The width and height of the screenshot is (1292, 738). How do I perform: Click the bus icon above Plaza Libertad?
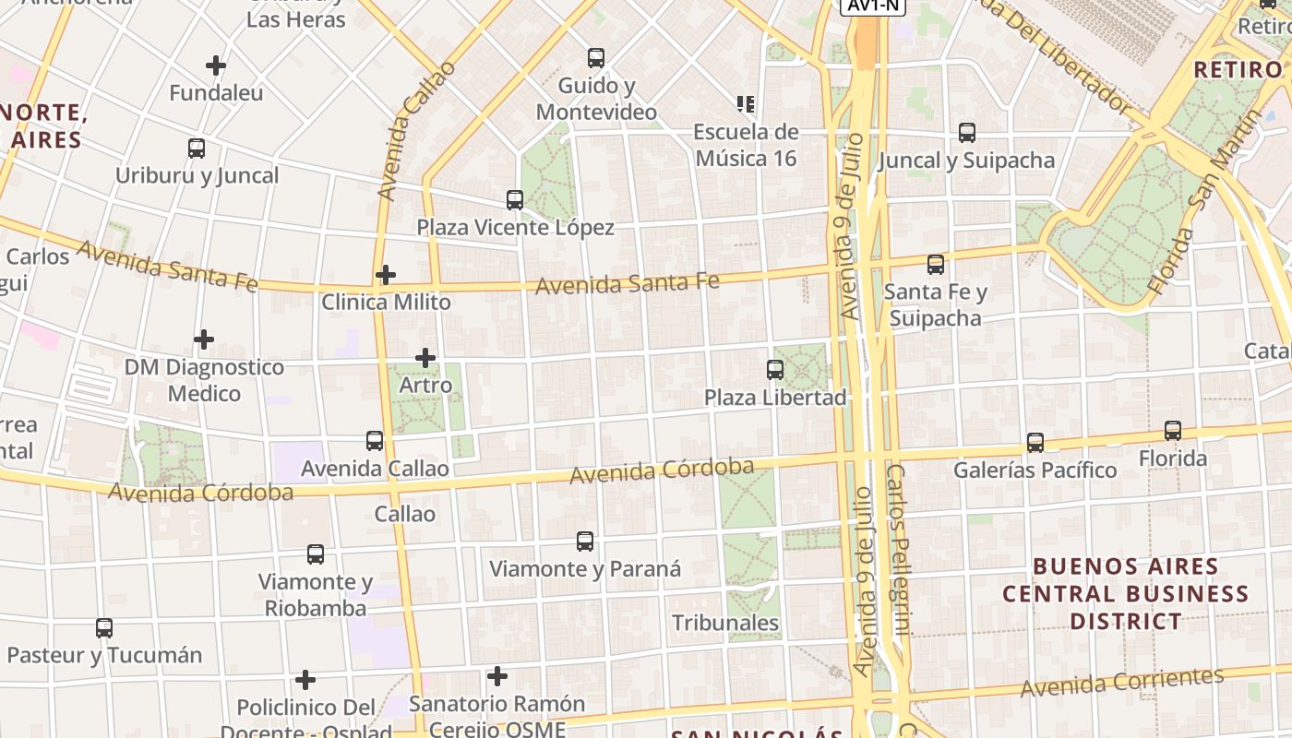pos(775,370)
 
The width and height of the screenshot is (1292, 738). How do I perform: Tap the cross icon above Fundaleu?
pos(216,65)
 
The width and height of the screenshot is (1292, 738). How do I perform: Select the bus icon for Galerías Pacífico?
pos(1035,443)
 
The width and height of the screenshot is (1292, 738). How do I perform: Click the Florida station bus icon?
pos(1173,431)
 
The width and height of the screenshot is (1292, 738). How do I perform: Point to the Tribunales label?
pos(725,623)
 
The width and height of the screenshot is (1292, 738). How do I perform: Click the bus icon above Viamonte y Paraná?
pos(585,542)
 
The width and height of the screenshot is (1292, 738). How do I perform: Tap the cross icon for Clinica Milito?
pos(386,275)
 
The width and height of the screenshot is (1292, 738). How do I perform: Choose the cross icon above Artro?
pos(425,358)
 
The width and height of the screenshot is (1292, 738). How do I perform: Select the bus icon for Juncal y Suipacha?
pos(967,133)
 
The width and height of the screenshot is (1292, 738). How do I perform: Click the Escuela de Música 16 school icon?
pos(746,104)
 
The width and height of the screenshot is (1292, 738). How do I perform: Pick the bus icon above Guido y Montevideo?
pos(596,58)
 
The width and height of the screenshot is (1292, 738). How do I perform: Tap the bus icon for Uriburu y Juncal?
pos(197,149)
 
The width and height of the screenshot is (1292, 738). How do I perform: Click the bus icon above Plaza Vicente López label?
pos(515,200)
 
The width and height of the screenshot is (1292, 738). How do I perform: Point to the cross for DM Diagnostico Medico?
pos(204,340)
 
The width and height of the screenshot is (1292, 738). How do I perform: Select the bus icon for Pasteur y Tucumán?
pos(104,628)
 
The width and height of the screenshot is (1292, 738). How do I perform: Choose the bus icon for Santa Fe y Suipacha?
pos(936,265)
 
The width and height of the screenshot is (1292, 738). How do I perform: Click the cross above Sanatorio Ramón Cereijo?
pos(497,677)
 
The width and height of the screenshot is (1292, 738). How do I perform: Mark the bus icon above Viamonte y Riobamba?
pos(316,554)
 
